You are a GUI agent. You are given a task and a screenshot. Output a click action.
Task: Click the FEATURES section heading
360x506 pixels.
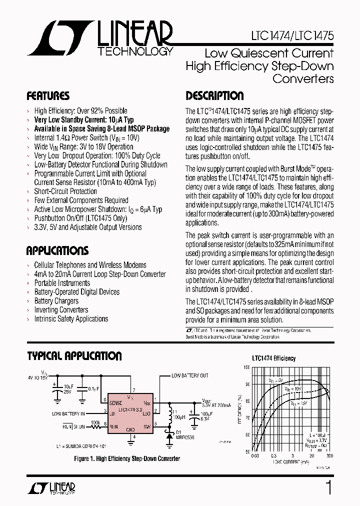[x=48, y=96]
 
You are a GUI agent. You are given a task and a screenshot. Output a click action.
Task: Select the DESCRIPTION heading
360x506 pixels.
[x=214, y=96]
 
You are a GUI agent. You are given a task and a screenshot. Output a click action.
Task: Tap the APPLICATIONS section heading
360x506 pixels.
[x=57, y=250]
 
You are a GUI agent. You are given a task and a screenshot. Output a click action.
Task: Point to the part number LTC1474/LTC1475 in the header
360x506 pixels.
[x=292, y=36]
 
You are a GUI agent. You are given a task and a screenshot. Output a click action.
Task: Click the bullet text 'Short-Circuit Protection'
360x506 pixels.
[x=65, y=191]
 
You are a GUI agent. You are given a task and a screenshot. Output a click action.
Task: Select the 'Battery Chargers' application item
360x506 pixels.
[x=56, y=301]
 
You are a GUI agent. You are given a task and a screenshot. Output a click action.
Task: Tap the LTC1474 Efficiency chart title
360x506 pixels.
[x=273, y=358]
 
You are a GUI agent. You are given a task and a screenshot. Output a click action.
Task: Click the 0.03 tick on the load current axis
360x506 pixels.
[x=254, y=456]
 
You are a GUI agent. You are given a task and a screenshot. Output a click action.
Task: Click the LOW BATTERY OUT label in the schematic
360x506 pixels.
[x=189, y=375]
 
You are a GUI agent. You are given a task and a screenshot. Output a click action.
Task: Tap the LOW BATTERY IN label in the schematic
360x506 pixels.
[x=68, y=413]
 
